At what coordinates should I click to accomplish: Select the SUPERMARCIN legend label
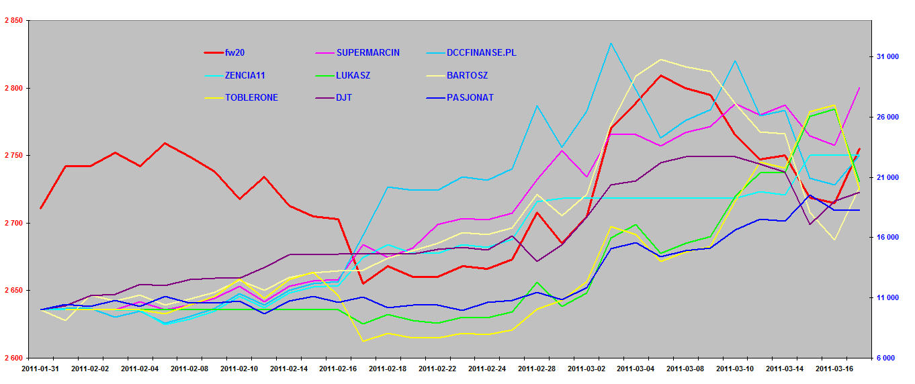tap(367, 52)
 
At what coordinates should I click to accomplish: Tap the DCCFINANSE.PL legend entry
tap(482, 52)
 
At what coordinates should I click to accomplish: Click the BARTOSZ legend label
tap(467, 75)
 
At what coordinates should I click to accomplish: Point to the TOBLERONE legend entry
tap(251, 97)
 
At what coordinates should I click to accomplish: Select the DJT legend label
tap(344, 97)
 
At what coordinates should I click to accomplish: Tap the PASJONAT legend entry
tap(470, 97)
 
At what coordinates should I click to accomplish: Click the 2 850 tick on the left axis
tap(13, 21)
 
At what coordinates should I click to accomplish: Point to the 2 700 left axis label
tap(13, 223)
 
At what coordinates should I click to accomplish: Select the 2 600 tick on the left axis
tap(13, 358)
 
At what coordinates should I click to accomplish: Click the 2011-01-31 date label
tap(41, 369)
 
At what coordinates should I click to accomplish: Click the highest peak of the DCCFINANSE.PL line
tap(611, 44)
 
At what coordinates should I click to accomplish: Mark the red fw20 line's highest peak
tap(661, 75)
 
